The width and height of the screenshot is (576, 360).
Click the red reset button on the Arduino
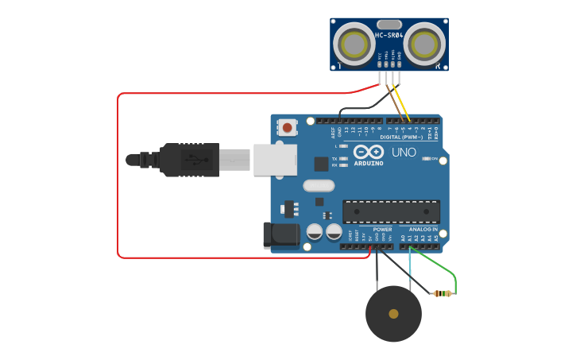287,126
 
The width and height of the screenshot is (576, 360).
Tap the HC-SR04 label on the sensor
389,35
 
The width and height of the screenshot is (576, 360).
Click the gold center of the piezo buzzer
393,314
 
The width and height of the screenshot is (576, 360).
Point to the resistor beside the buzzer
443,293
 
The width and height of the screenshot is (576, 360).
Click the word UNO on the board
404,152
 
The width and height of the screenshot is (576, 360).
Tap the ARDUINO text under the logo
368,164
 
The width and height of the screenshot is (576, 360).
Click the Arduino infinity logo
368,152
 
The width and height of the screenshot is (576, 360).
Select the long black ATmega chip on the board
391,211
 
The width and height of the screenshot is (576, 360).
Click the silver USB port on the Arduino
275,159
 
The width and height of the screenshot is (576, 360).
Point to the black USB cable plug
189,159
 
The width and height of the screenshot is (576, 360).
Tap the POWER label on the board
382,229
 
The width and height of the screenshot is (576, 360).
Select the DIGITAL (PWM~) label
400,137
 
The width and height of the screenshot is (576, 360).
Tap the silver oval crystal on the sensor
389,24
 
